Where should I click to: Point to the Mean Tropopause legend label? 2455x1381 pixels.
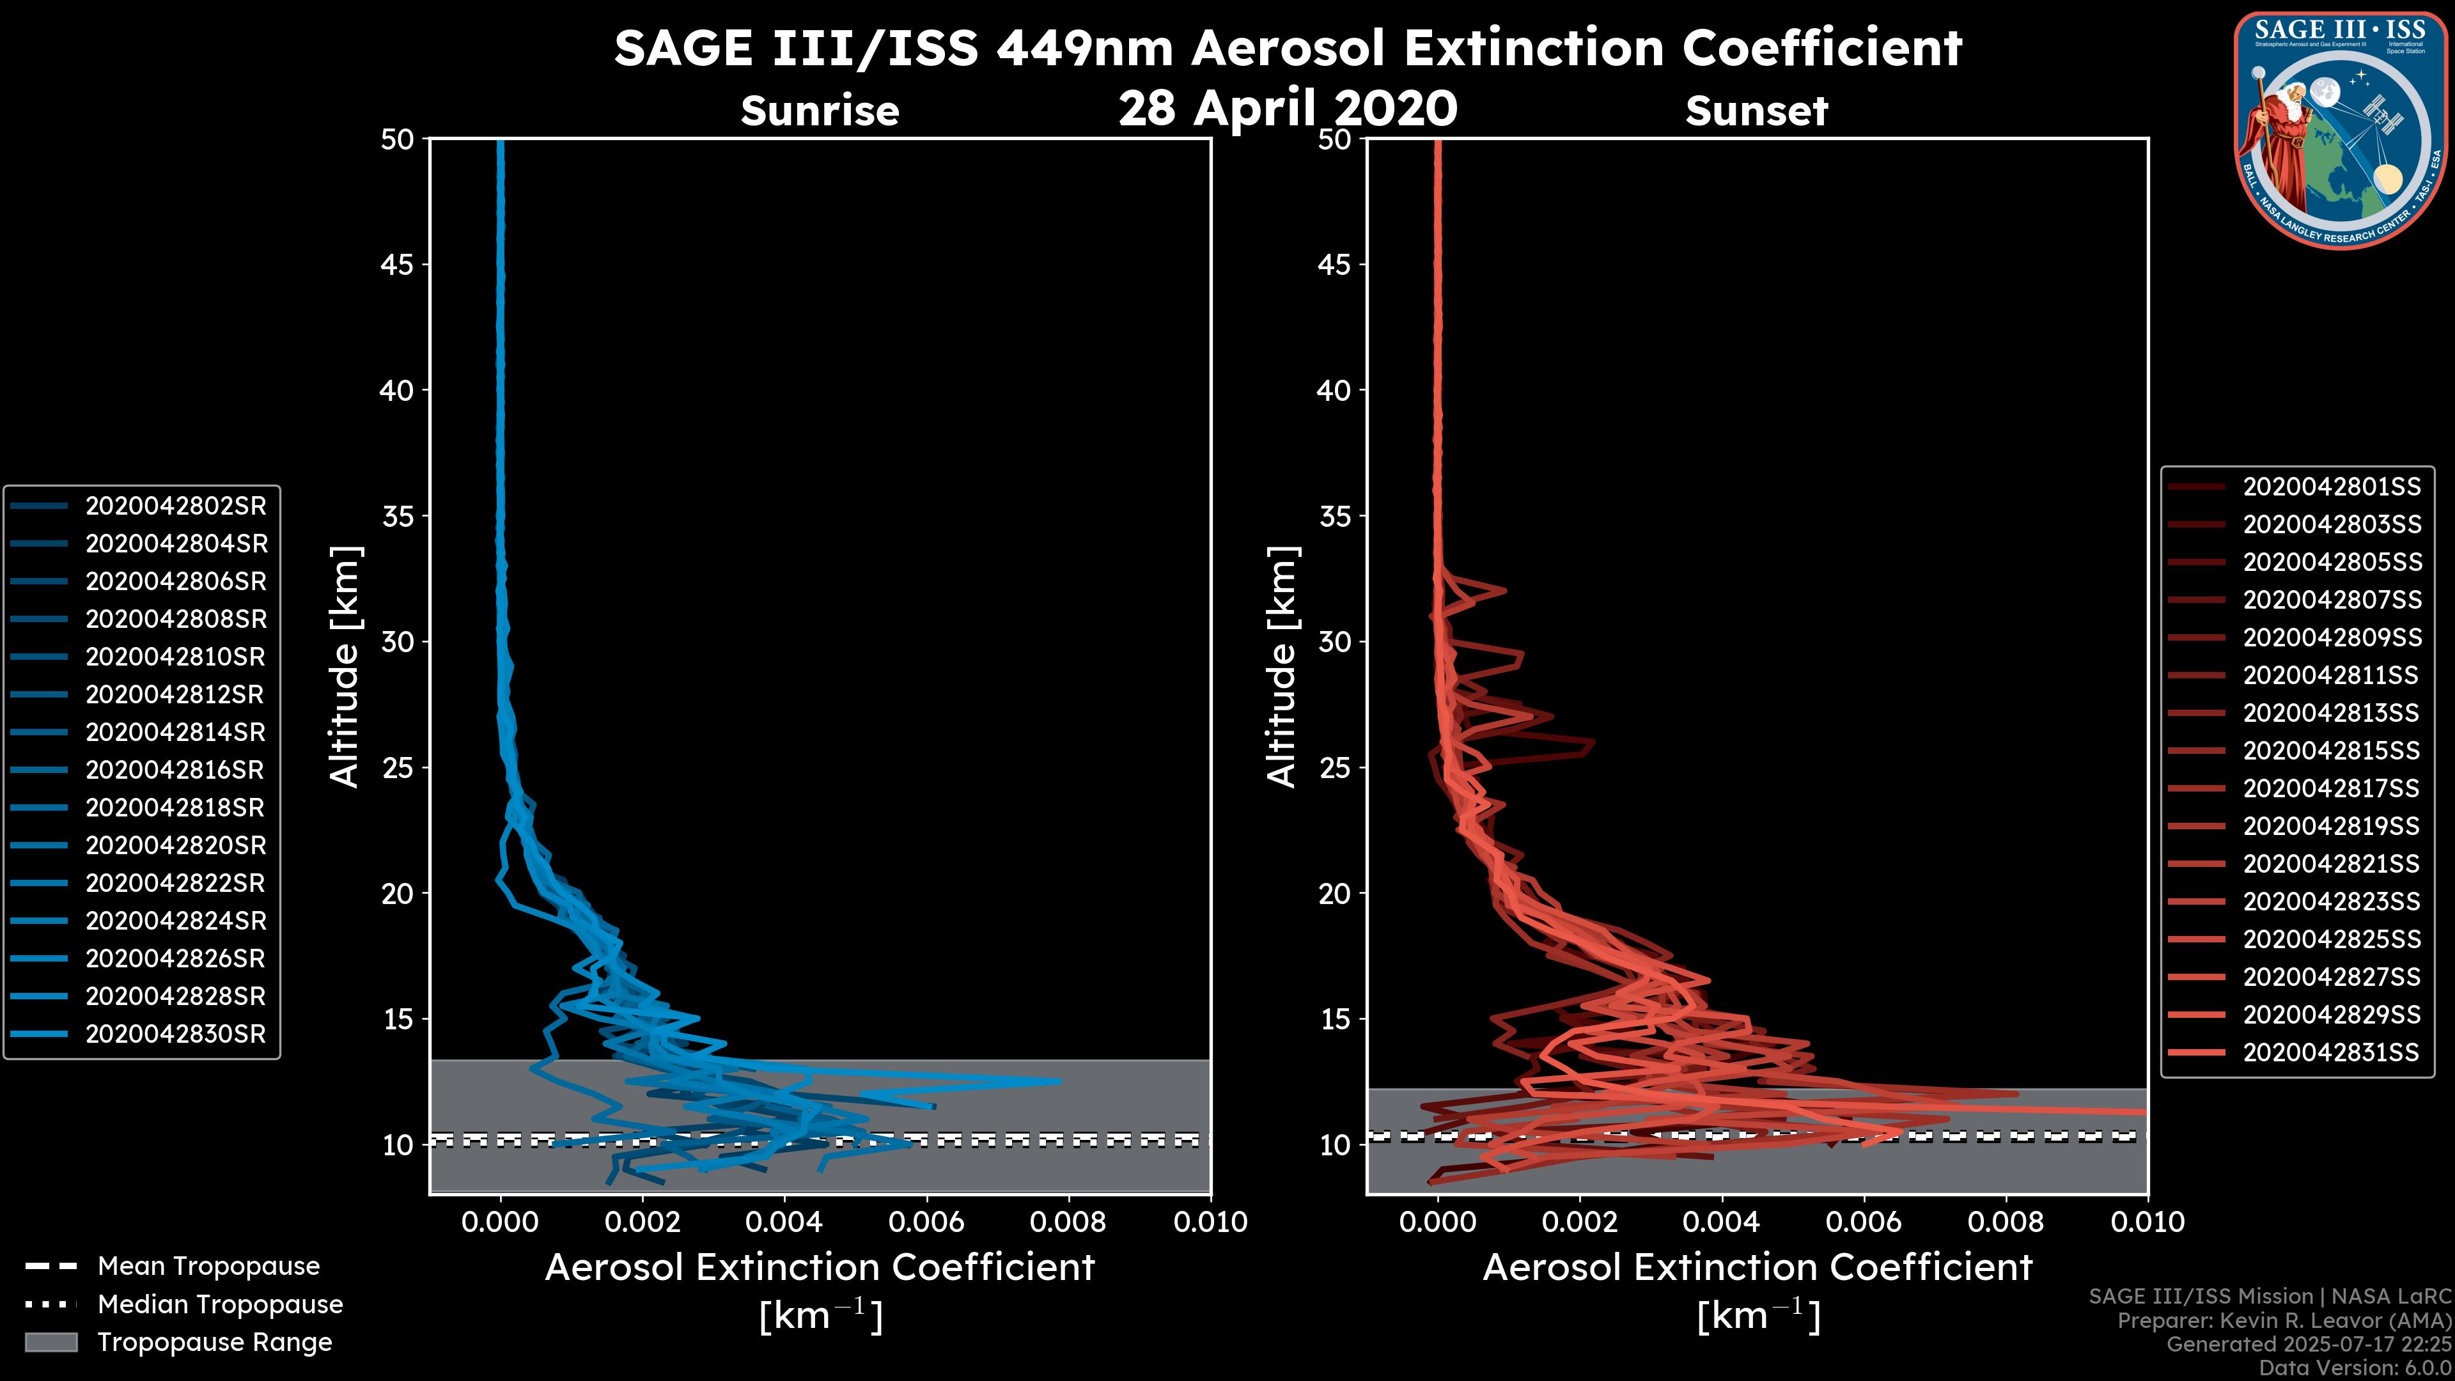208,1267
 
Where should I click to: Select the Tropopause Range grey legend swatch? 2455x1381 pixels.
51,1342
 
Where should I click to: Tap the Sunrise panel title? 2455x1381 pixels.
820,111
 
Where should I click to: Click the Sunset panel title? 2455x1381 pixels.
1756,111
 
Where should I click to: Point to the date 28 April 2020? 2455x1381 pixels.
1288,107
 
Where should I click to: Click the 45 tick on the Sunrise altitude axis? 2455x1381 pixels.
398,264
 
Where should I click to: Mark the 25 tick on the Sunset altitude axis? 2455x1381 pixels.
1334,767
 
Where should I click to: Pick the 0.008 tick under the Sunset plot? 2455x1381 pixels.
2006,1222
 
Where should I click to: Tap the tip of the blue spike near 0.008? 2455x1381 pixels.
1059,1081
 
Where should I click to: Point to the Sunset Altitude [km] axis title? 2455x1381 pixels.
1282,667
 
